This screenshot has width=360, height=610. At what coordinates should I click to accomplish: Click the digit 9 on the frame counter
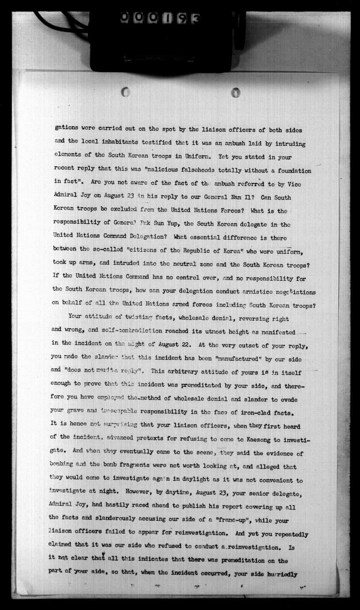click(x=181, y=18)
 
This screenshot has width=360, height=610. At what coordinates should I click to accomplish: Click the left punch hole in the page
click(x=125, y=92)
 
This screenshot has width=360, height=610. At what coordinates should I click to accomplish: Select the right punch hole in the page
click(x=236, y=92)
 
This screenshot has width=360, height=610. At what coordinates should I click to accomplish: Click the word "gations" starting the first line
click(x=67, y=127)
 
